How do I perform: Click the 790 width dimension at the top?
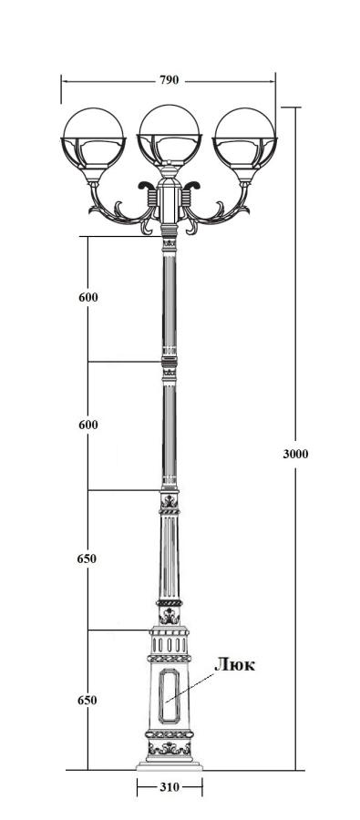(x=169, y=80)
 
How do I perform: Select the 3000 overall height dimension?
(x=295, y=454)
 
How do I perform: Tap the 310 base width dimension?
(x=169, y=786)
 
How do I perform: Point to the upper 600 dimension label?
(x=87, y=297)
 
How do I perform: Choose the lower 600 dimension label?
(x=87, y=425)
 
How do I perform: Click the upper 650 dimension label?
(x=87, y=559)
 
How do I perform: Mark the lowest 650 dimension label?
(x=87, y=701)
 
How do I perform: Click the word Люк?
(x=235, y=665)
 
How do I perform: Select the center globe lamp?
(x=169, y=135)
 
